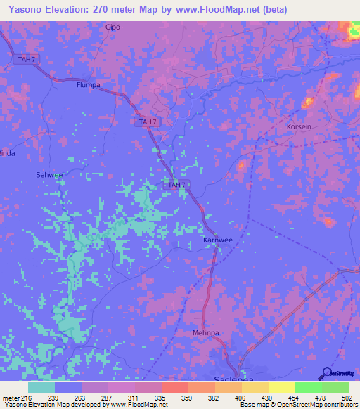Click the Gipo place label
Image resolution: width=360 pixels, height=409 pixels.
coord(112,27)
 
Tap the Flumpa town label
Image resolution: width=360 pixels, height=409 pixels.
coord(89,85)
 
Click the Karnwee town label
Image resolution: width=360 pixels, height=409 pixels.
coord(217,240)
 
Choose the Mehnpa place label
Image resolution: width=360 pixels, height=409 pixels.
coord(207,332)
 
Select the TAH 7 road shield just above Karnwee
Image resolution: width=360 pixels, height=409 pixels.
coord(176,185)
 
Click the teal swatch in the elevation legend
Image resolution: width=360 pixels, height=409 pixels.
coord(41,387)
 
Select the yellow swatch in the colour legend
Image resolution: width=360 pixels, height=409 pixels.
coord(282,387)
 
